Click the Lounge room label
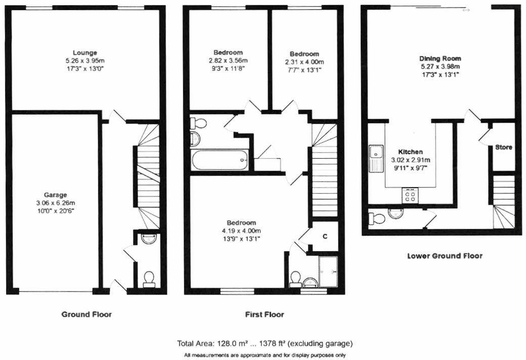coord(84,53)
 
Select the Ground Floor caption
coord(86,314)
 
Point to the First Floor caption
coord(265,314)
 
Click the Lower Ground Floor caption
coord(445,256)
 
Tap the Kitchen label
coord(410,152)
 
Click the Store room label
coord(503,148)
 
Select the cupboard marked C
coord(325,237)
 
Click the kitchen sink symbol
coord(376,158)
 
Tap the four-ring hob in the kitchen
coord(410,195)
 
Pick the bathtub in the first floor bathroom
coord(221,160)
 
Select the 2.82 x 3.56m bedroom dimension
coord(228,60)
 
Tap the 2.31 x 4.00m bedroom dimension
coord(304,62)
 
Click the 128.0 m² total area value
coord(227,343)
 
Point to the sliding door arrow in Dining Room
coord(465,9)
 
